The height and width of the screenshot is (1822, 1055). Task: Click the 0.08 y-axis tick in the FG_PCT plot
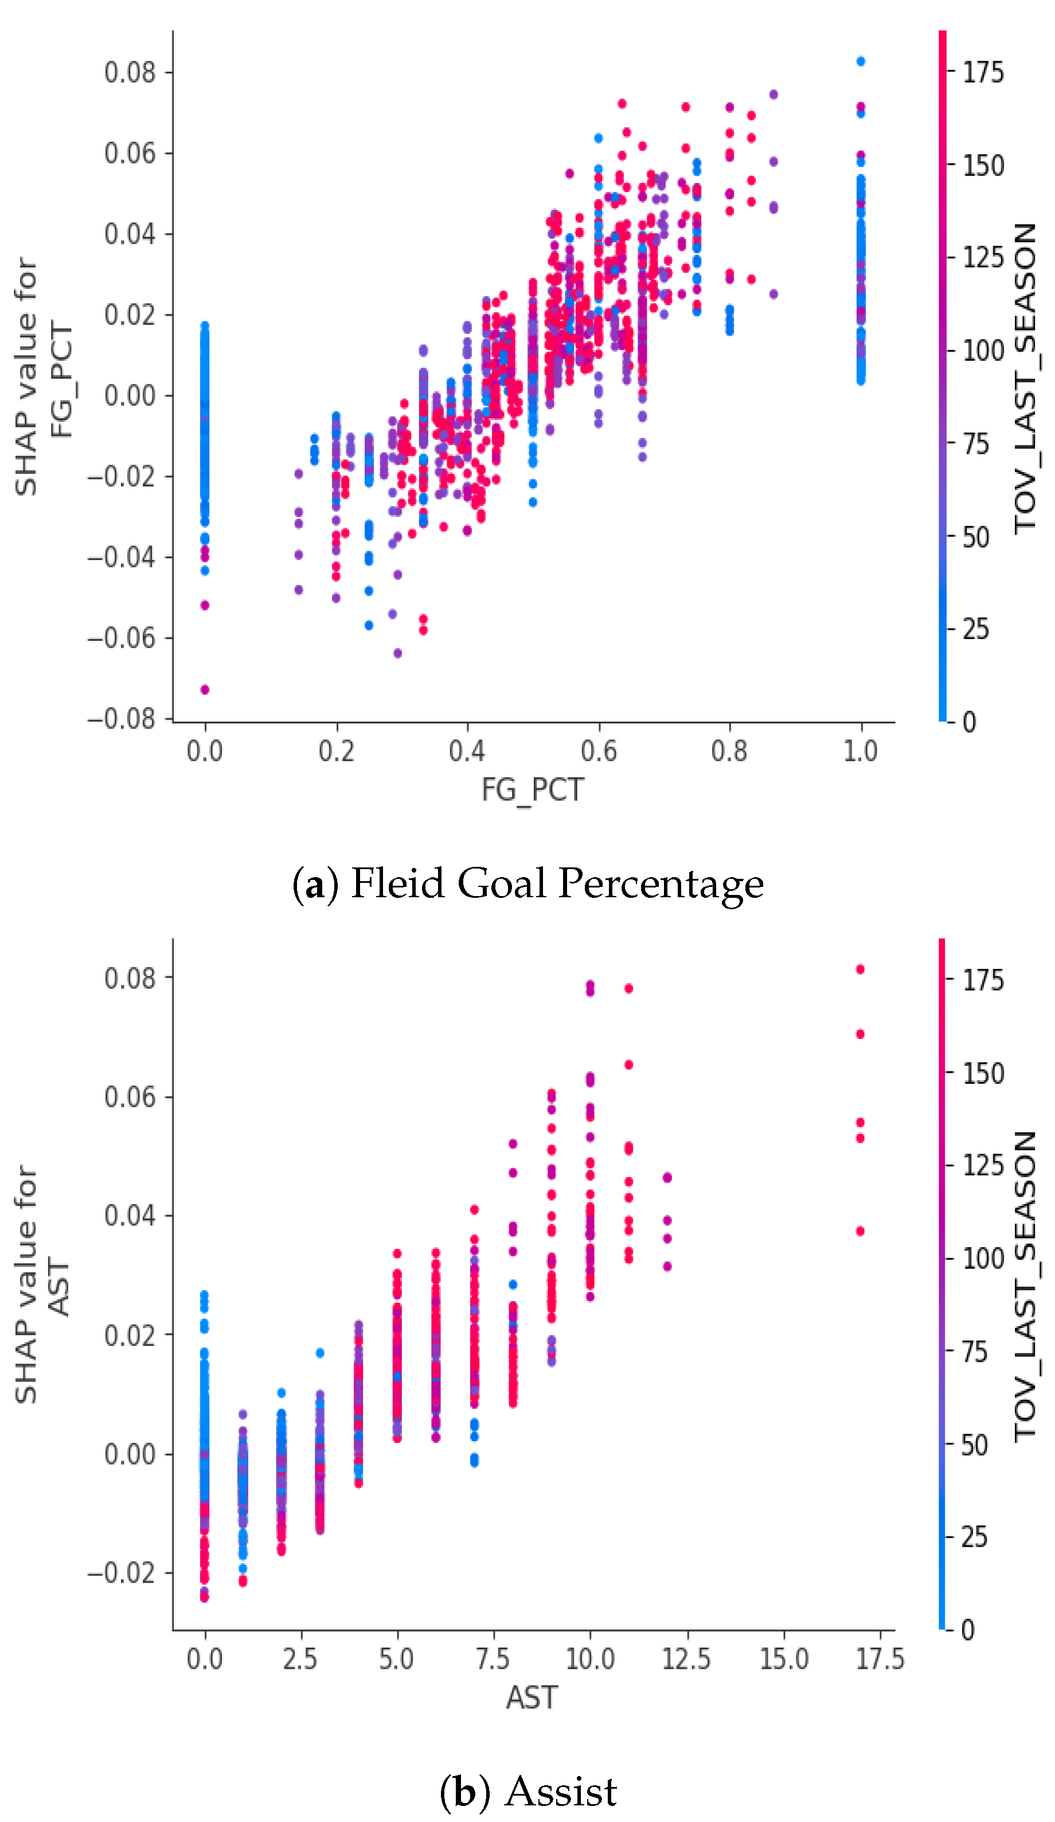[130, 72]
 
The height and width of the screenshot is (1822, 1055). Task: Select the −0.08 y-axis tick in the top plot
[122, 719]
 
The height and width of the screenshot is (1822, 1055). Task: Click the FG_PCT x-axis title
[533, 789]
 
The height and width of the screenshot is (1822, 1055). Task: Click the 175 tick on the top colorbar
[983, 72]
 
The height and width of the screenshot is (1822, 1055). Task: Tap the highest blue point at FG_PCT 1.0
[861, 61]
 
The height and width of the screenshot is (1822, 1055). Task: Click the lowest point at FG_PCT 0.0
[205, 690]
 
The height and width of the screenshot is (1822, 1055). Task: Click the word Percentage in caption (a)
[661, 883]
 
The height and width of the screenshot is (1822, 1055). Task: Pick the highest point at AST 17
[860, 970]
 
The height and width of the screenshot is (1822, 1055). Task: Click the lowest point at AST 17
[860, 1231]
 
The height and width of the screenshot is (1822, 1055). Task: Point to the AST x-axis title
[532, 1698]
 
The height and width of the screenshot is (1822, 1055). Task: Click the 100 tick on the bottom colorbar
[983, 1259]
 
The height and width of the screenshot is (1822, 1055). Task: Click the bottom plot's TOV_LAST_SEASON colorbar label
[1025, 1287]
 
